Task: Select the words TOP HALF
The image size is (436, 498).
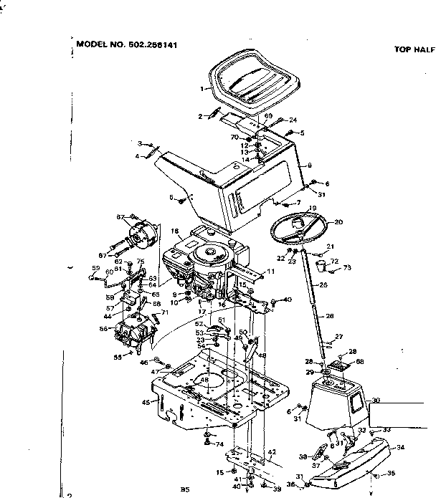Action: click(x=414, y=50)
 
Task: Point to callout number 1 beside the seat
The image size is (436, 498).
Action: click(x=204, y=90)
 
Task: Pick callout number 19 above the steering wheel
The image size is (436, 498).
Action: click(x=313, y=209)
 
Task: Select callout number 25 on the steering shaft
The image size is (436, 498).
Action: click(x=323, y=285)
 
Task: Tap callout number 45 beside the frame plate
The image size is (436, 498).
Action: click(x=146, y=403)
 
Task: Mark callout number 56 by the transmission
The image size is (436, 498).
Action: click(x=104, y=329)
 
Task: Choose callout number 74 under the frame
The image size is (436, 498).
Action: click(x=220, y=444)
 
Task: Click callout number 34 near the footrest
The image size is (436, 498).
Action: click(x=400, y=446)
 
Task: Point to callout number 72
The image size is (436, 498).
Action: click(x=334, y=262)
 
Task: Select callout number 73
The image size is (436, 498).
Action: click(x=348, y=268)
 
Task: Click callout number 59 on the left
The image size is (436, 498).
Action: click(x=95, y=269)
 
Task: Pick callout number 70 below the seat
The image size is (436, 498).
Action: click(x=234, y=137)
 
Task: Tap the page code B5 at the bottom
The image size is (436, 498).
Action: click(x=184, y=489)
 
